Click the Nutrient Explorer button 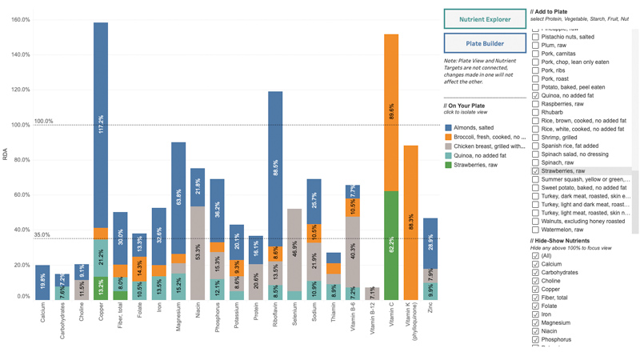click(485, 19)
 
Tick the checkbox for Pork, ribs click(536, 70)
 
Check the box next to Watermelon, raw click(536, 230)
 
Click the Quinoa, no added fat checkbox click(536, 96)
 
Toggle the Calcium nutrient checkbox click(536, 264)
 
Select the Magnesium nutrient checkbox click(536, 323)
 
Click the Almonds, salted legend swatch click(449, 127)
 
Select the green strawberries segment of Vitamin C click(391, 245)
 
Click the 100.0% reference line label click(43, 122)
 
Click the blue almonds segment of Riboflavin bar click(275, 168)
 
